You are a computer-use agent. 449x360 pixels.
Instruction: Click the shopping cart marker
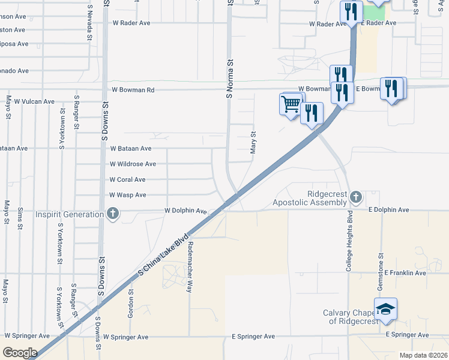coord(291,104)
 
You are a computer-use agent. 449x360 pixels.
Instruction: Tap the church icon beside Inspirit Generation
coord(112,214)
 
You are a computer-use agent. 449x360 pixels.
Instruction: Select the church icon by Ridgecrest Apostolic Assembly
coord(356,196)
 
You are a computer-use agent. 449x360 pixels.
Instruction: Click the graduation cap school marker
coord(386,308)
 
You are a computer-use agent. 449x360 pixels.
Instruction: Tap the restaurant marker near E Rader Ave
coord(350,11)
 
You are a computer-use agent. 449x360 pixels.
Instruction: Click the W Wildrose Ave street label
coord(133,164)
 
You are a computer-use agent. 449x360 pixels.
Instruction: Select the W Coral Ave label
coord(127,179)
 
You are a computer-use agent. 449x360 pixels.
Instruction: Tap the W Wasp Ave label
coord(128,195)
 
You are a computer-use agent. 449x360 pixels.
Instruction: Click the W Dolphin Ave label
coord(186,211)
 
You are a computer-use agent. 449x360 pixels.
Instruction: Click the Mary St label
coord(253,142)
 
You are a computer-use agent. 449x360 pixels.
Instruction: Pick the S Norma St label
coord(229,79)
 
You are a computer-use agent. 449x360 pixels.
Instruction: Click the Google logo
coord(20,353)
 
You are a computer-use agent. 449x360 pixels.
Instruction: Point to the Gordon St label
coord(130,304)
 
